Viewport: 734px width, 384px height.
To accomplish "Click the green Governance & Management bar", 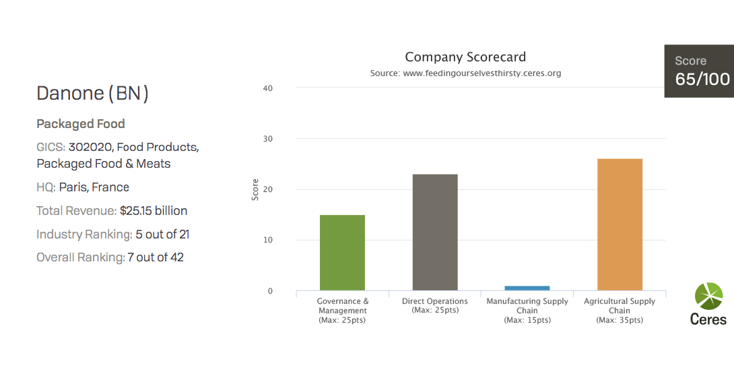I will click(342, 253).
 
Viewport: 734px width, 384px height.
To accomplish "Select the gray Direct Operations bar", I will click(435, 232).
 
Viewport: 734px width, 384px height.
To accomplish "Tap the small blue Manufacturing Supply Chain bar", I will click(527, 288).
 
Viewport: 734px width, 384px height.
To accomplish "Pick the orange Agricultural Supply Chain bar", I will click(620, 224).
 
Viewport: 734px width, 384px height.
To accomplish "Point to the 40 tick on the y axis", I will click(268, 88).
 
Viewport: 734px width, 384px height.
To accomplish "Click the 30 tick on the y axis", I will click(268, 139).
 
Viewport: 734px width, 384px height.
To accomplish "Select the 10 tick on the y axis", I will click(268, 241).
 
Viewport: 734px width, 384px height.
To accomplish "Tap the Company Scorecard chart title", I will click(465, 57).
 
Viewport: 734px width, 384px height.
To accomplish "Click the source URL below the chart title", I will click(465, 73).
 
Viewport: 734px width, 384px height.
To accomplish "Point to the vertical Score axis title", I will click(255, 189).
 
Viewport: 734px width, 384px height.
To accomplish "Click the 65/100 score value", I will click(702, 79).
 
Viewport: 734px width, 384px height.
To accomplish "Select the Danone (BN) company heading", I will click(92, 93).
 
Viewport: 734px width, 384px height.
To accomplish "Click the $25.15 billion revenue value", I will click(154, 211).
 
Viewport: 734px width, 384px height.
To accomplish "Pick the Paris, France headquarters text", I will click(94, 187).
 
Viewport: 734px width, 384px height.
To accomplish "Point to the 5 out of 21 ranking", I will click(162, 234).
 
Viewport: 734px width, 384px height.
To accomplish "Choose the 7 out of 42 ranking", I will click(156, 257).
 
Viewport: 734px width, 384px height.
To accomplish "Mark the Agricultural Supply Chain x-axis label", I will click(620, 306).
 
